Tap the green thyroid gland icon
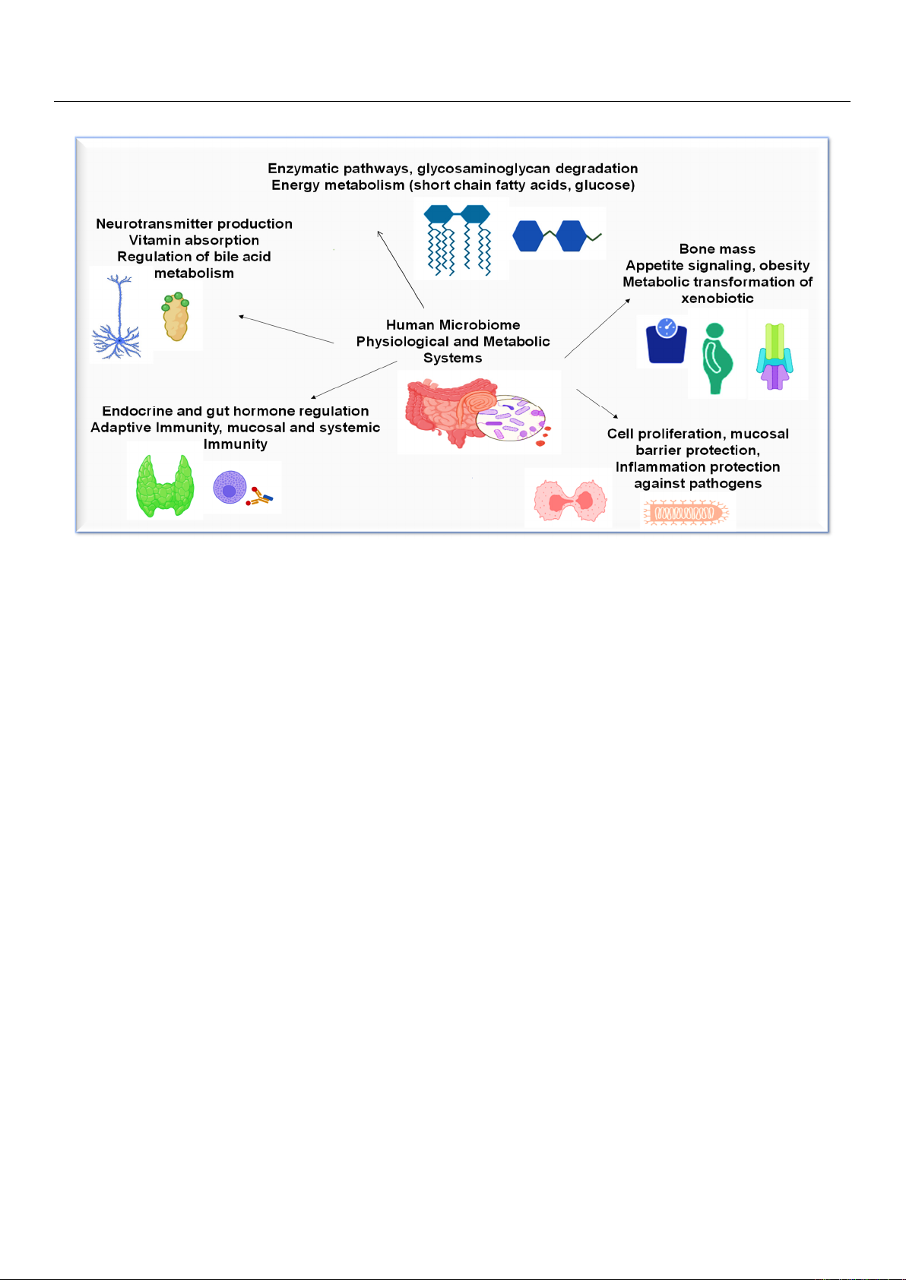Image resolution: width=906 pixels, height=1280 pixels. (165, 485)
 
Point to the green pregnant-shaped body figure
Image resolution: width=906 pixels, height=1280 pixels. (717, 359)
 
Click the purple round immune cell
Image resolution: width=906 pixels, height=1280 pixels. (230, 487)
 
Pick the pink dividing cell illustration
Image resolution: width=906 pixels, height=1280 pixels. (569, 501)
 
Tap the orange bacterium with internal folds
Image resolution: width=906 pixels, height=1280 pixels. (686, 513)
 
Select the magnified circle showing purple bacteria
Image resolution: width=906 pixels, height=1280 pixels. (511, 419)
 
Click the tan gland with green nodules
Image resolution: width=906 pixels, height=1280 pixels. (176, 317)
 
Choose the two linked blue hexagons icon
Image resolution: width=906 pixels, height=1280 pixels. (556, 235)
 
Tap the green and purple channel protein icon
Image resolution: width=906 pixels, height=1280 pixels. (775, 356)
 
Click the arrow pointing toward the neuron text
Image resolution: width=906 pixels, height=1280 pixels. (287, 329)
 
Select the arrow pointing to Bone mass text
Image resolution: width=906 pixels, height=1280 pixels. (597, 328)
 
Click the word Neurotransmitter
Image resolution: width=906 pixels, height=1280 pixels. (154, 223)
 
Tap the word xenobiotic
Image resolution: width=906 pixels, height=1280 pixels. (718, 299)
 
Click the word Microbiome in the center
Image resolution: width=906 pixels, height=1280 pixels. (480, 324)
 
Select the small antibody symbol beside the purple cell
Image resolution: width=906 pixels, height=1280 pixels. (260, 497)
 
